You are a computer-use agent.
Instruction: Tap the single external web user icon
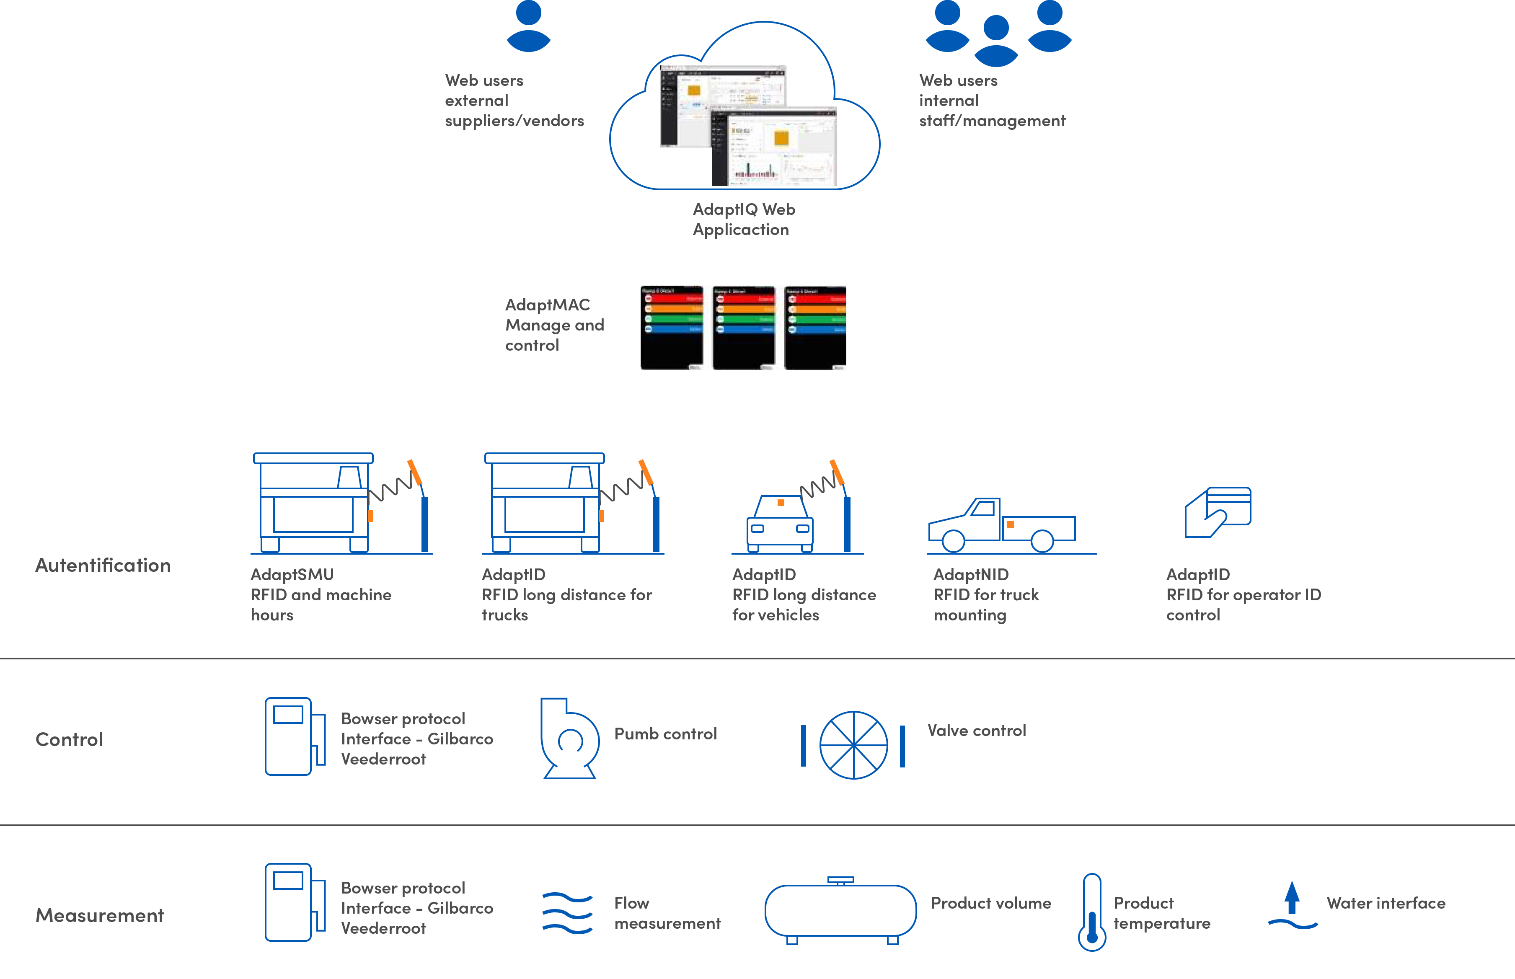tap(528, 27)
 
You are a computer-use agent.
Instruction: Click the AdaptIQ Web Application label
tap(743, 220)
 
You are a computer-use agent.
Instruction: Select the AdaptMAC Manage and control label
tap(554, 325)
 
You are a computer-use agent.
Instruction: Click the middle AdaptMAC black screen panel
tap(743, 328)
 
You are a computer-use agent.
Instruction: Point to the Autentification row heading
tap(103, 565)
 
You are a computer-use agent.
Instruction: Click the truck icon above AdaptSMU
tap(315, 502)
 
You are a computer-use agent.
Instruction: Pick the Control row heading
tap(69, 739)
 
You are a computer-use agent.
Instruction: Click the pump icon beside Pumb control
tap(569, 738)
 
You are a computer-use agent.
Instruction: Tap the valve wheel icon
tap(853, 745)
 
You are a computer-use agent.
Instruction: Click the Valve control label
tap(977, 731)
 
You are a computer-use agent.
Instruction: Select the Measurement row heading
tap(100, 915)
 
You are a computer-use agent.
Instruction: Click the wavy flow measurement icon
tap(567, 913)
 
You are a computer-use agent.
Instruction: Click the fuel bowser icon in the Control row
tap(295, 736)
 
